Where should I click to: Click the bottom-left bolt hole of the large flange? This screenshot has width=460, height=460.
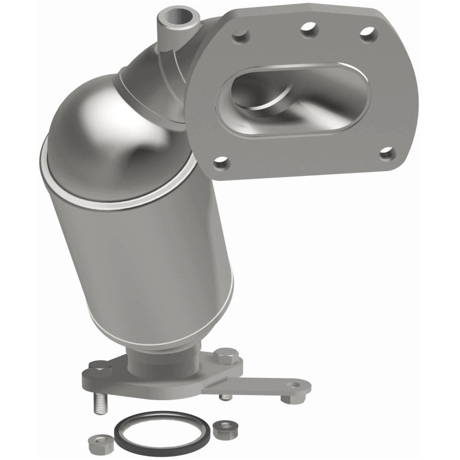tap(219, 164)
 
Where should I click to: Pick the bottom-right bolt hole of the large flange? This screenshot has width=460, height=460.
tap(387, 153)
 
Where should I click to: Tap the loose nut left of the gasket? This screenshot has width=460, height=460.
tap(95, 442)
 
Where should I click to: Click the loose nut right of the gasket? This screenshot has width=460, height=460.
tap(221, 428)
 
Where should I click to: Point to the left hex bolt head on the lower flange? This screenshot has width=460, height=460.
tap(100, 367)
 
